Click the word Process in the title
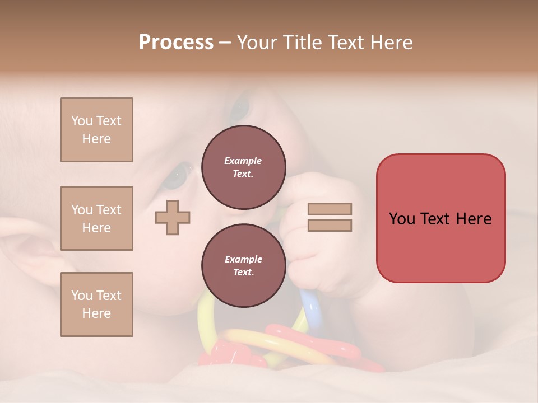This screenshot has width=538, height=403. [176, 43]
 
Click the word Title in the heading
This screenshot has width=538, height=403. [303, 43]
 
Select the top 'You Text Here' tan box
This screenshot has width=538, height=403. [96, 130]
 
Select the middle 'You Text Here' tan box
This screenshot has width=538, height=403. [96, 218]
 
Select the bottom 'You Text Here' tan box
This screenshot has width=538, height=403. [96, 304]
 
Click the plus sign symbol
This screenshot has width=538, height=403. [173, 217]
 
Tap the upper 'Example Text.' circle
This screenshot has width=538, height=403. [243, 167]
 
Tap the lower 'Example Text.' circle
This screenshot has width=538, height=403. [243, 265]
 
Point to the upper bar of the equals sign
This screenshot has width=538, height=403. [330, 209]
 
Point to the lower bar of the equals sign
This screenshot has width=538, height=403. [330, 225]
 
